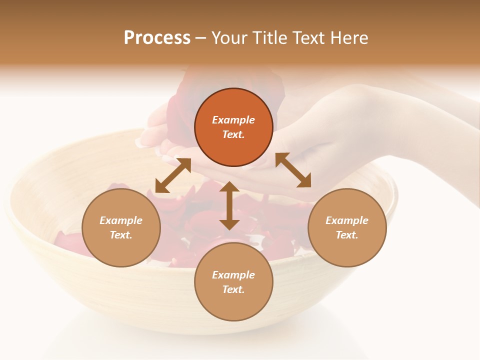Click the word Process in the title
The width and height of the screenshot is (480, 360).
tap(157, 38)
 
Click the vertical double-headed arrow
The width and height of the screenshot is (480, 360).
tap(229, 205)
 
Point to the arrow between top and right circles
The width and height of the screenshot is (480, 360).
tap(293, 170)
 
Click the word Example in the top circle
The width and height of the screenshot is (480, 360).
tap(233, 120)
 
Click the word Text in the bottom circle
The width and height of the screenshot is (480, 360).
tap(233, 289)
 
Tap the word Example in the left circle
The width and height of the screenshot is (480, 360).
tap(121, 220)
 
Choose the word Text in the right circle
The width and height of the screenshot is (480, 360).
tap(347, 235)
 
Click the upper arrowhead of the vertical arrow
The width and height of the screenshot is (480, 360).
tap(229, 186)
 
